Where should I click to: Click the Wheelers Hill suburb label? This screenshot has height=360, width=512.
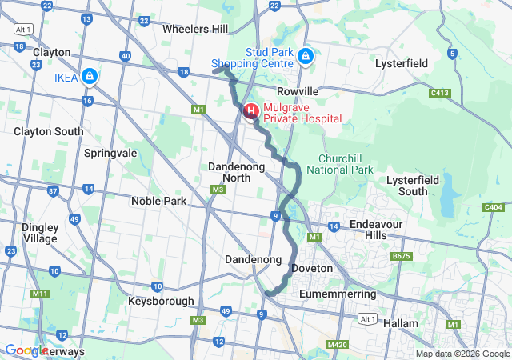pyautogui.click(x=194, y=29)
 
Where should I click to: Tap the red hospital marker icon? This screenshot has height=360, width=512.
pyautogui.click(x=250, y=110)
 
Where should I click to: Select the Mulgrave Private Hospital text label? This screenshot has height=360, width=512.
pyautogui.click(x=302, y=113)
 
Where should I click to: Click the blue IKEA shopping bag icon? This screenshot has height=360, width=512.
pyautogui.click(x=90, y=77)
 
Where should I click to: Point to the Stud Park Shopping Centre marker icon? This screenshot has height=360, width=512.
pyautogui.click(x=305, y=56)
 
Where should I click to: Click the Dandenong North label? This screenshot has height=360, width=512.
pyautogui.click(x=230, y=172)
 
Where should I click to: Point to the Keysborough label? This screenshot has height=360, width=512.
pyautogui.click(x=161, y=301)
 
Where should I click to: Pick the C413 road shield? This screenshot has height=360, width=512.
pyautogui.click(x=438, y=93)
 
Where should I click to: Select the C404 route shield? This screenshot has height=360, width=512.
pyautogui.click(x=493, y=208)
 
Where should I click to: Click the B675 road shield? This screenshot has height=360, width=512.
pyautogui.click(x=400, y=256)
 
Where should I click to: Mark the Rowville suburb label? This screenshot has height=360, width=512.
pyautogui.click(x=298, y=91)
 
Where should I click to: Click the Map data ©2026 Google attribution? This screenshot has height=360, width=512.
pyautogui.click(x=462, y=354)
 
